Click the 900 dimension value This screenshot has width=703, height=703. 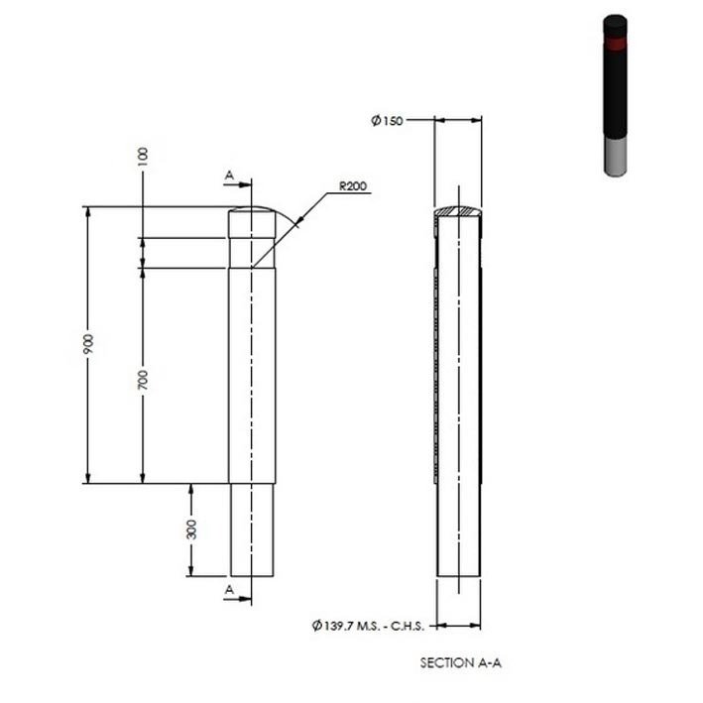tap(88, 344)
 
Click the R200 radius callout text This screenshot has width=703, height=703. tap(353, 185)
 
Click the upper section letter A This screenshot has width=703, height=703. tap(229, 175)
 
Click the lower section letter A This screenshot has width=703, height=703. tap(229, 589)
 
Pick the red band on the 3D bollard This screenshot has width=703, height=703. tap(616, 44)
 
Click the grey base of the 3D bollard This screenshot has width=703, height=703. tap(616, 157)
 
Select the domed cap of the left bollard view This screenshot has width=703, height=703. tap(253, 212)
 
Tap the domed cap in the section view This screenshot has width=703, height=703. tap(458, 211)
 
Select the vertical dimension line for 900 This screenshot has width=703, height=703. tap(88, 416)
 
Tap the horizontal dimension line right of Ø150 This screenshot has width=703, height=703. tap(458, 120)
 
